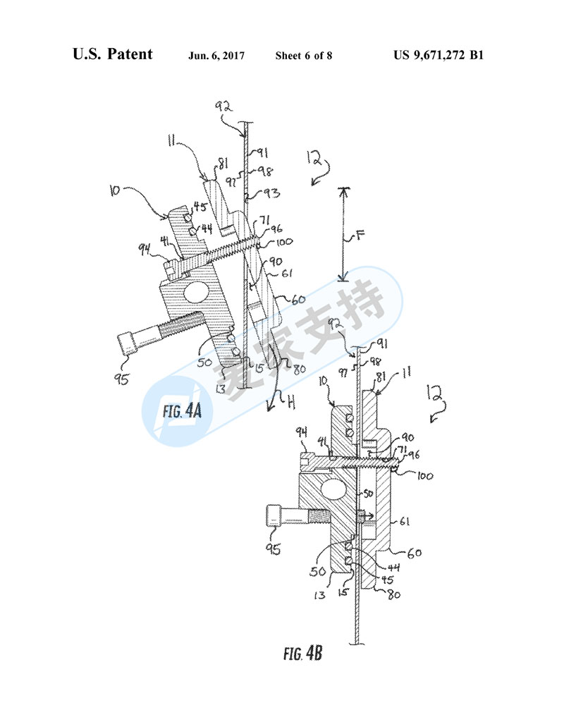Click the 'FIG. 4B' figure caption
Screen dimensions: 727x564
point(303,654)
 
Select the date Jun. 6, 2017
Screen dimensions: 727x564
point(216,56)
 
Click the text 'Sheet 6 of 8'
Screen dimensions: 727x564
point(304,56)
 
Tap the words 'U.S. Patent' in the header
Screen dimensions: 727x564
point(112,54)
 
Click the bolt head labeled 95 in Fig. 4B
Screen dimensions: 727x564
point(275,516)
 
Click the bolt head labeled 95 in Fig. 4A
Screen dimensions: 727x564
point(127,345)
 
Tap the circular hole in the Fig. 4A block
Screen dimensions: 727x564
point(194,292)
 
